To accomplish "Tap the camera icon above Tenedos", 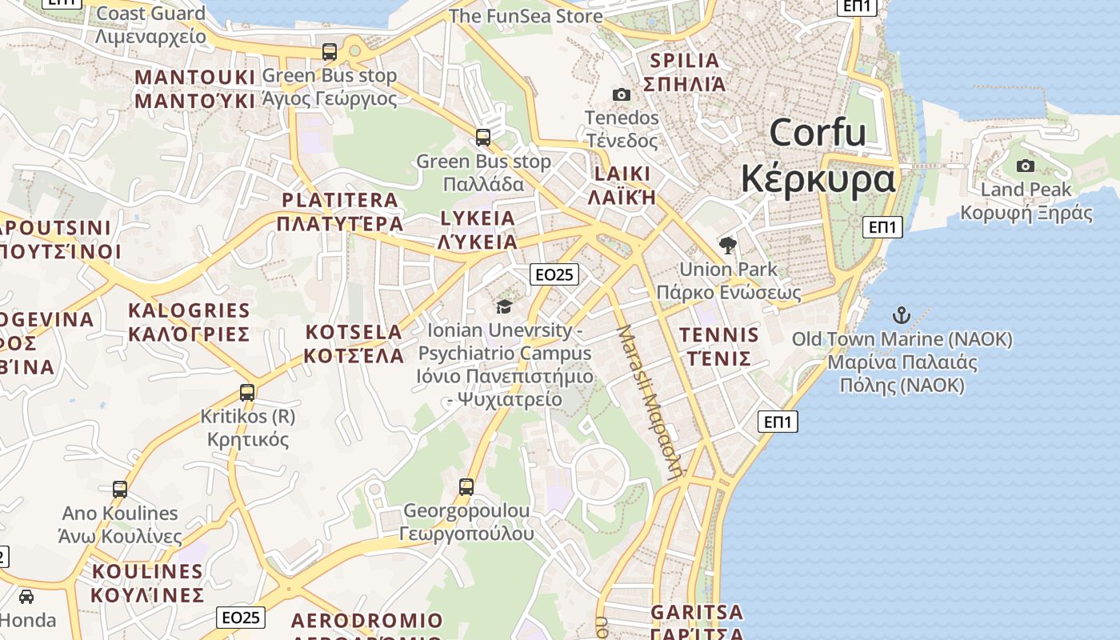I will coord(621,95).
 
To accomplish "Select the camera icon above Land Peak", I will coord(1025,166).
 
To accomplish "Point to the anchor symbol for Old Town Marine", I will coord(902,314).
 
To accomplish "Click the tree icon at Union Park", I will coord(727,245).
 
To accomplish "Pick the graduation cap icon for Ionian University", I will coord(504,306).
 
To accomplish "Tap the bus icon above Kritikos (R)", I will coord(247,393).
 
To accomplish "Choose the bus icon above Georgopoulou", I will coord(466,486).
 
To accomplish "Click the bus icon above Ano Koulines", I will coord(120,489).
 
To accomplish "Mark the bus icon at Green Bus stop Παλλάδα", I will coord(483,138).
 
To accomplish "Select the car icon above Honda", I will coord(26,597).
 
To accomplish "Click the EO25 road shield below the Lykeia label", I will coord(554,274).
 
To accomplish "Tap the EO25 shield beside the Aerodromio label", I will coord(241,617).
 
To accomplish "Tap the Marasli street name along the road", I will coord(650,400).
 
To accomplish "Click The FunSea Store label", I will coord(526,16).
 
